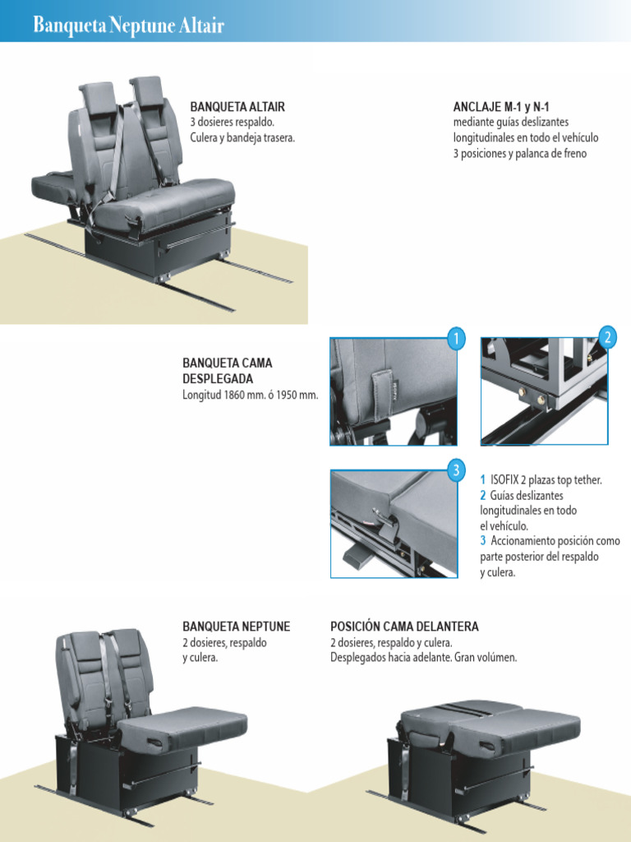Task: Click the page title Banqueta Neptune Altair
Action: (128, 25)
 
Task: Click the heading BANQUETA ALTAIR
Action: (237, 106)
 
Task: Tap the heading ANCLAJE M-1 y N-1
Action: (501, 106)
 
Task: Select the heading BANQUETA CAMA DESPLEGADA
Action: (228, 371)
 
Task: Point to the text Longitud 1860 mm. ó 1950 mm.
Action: (250, 396)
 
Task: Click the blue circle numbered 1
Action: (456, 339)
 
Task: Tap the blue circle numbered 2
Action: (607, 338)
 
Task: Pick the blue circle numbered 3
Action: (456, 471)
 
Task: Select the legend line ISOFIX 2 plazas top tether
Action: (541, 479)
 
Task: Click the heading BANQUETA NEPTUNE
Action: (236, 626)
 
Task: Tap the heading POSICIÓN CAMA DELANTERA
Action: (404, 626)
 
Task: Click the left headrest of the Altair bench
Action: (98, 97)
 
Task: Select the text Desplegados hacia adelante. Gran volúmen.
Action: (424, 657)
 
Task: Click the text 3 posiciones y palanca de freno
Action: (520, 154)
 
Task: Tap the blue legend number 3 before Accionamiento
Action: (483, 541)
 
